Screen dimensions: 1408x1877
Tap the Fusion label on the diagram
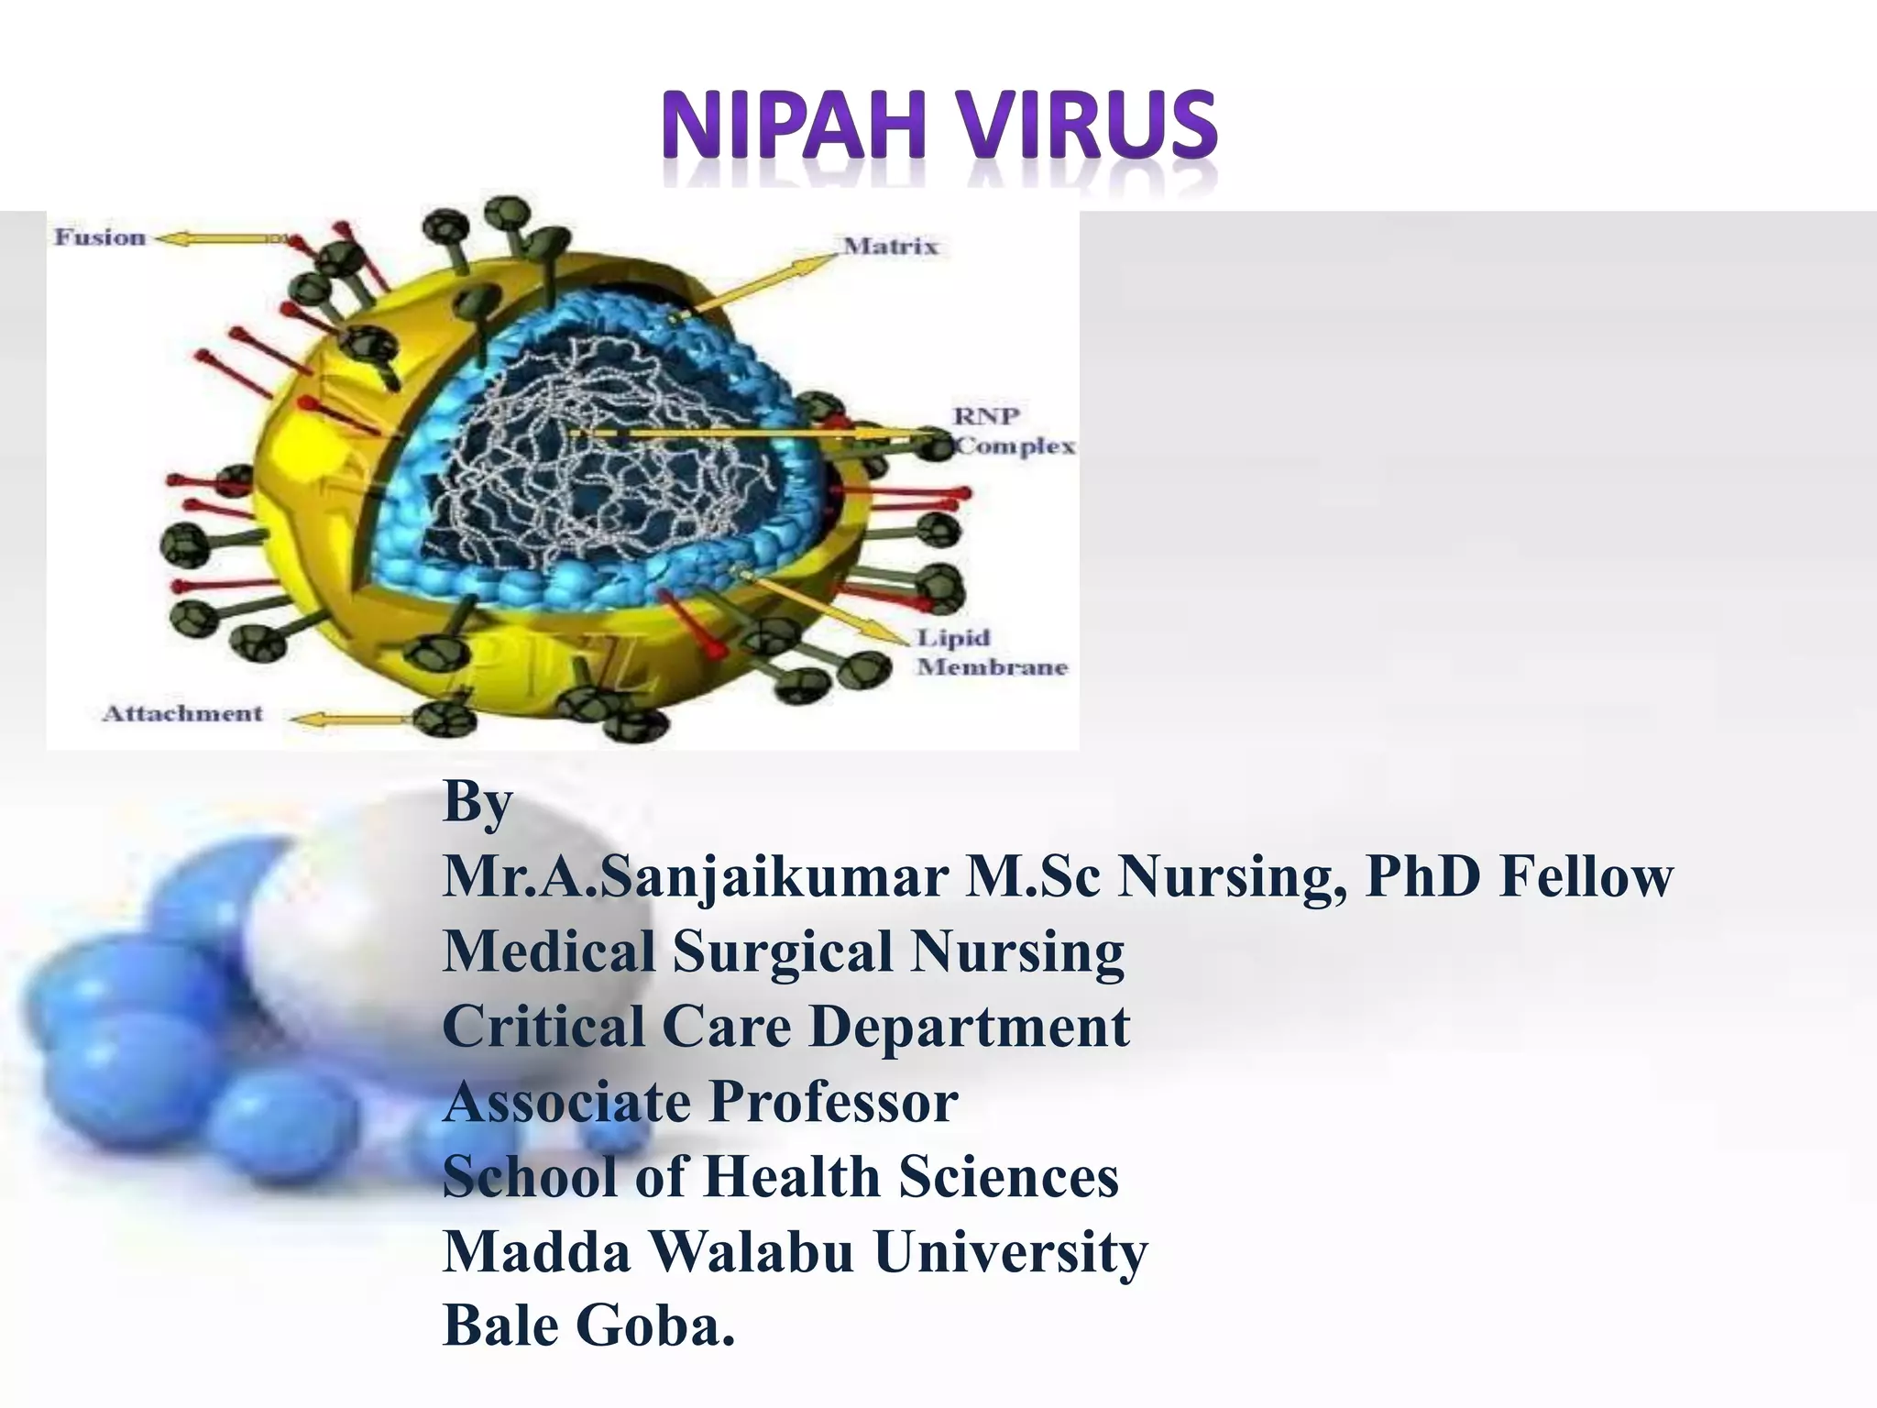pyautogui.click(x=100, y=237)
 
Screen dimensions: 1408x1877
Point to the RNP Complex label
pyautogui.click(x=1013, y=431)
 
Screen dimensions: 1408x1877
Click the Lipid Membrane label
pyautogui.click(x=992, y=652)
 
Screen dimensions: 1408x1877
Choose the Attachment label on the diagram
pyautogui.click(x=182, y=713)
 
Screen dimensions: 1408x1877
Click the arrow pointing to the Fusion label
pyautogui.click(x=220, y=239)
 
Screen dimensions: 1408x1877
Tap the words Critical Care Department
pyautogui.click(x=785, y=1026)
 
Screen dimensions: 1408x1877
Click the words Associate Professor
pyautogui.click(x=700, y=1101)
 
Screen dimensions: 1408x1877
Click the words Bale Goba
pyautogui.click(x=588, y=1326)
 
